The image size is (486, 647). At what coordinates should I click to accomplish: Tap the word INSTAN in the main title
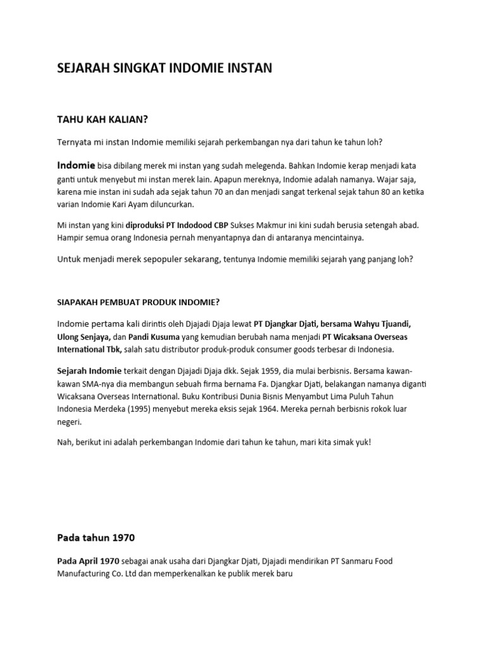pyautogui.click(x=248, y=69)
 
